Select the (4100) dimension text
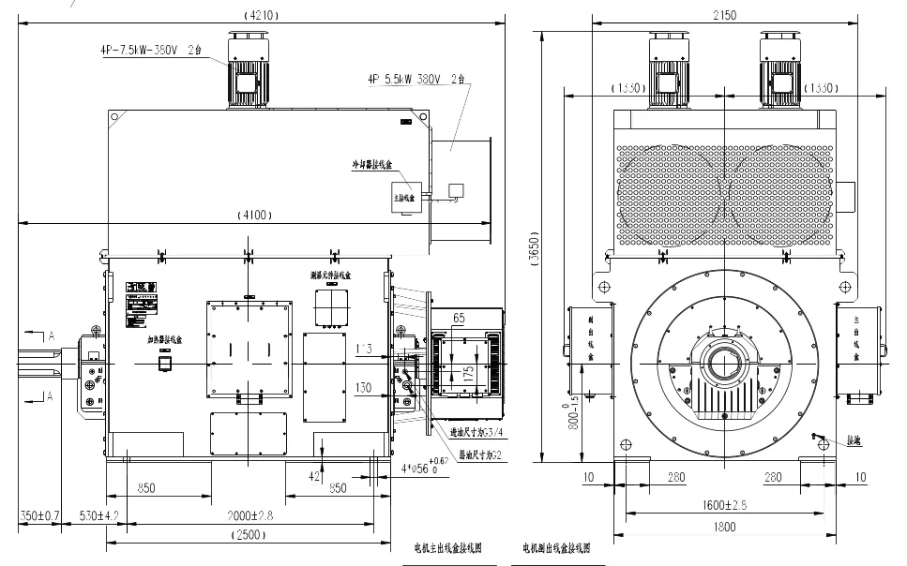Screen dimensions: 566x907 255,215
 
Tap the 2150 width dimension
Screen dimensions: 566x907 724,15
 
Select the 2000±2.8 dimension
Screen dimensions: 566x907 249,516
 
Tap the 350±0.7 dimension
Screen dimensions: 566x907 39,516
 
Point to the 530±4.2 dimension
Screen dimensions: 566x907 98,516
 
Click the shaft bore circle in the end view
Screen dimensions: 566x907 723,361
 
